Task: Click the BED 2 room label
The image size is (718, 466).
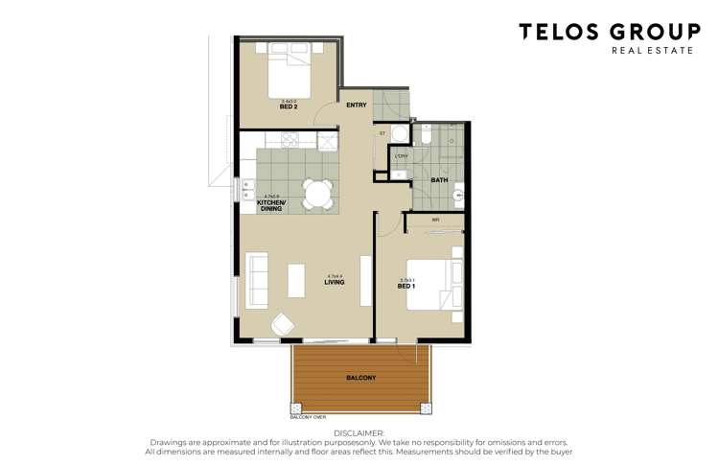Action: (289, 106)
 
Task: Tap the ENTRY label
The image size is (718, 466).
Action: (357, 105)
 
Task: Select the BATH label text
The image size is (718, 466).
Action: (439, 179)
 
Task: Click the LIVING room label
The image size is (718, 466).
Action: (334, 282)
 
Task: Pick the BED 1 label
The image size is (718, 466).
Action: (406, 286)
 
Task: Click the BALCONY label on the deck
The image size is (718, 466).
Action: (360, 378)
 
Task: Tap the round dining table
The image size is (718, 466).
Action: (316, 194)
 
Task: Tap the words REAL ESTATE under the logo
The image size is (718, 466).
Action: (652, 50)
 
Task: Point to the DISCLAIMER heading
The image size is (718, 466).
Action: (359, 433)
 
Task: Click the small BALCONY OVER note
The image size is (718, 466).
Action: (307, 417)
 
